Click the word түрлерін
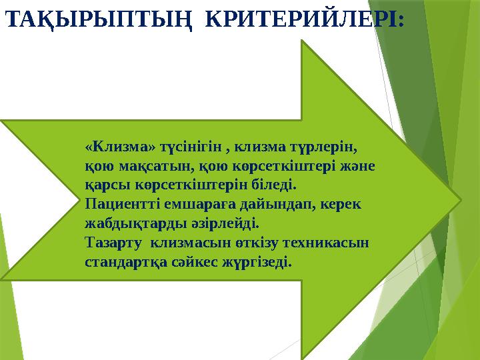(x=331, y=145)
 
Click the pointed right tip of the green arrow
(x=459, y=199)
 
